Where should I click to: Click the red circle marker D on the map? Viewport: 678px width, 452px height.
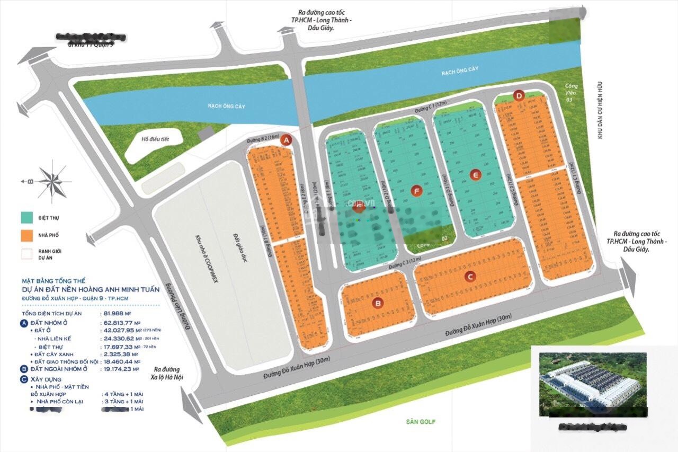point(519,95)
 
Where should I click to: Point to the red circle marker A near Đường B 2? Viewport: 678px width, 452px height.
point(287,140)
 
